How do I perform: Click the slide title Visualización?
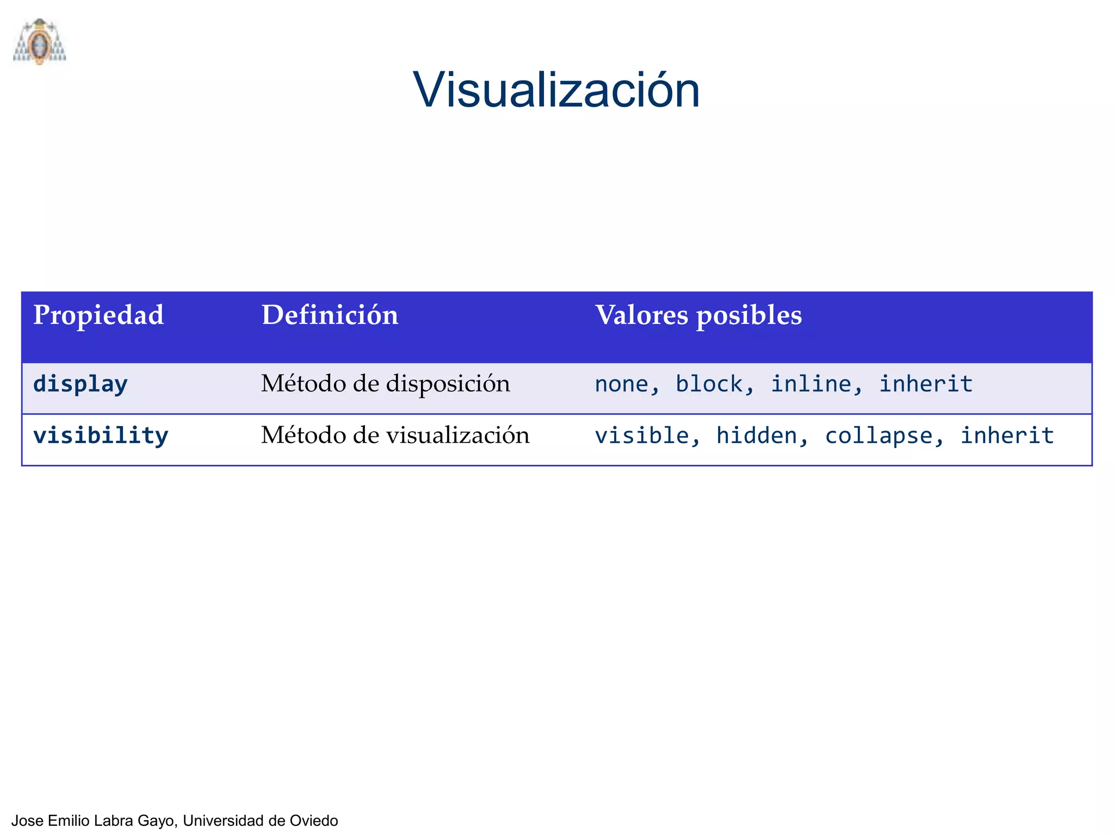click(556, 90)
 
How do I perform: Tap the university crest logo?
click(39, 42)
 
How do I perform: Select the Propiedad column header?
click(98, 315)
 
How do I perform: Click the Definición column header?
click(330, 315)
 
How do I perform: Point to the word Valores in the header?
click(641, 315)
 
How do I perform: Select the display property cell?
click(81, 384)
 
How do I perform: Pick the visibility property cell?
click(101, 435)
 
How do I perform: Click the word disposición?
click(448, 384)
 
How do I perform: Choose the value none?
click(621, 384)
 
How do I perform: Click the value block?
click(709, 384)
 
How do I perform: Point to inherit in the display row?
click(926, 384)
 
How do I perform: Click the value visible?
click(641, 435)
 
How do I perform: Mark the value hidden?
click(756, 435)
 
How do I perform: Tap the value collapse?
click(878, 436)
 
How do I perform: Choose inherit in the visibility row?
click(1007, 435)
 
